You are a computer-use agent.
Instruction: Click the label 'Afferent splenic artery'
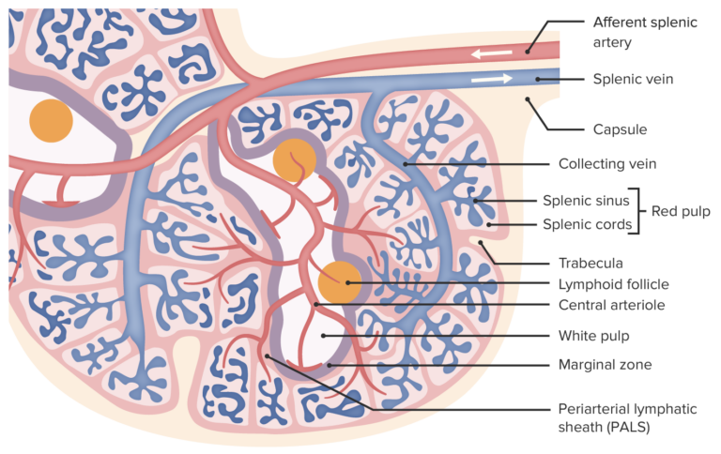pyautogui.click(x=645, y=30)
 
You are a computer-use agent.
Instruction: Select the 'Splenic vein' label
pyautogui.click(x=633, y=80)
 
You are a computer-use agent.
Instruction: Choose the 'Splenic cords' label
pyautogui.click(x=587, y=224)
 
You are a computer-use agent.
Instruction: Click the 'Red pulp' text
pyautogui.click(x=681, y=212)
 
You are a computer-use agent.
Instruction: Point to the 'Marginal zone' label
pyautogui.click(x=606, y=364)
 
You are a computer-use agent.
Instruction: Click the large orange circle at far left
pyautogui.click(x=50, y=120)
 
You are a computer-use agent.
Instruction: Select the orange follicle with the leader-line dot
pyautogui.click(x=338, y=282)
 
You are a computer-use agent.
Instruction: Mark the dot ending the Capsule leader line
pyautogui.click(x=528, y=96)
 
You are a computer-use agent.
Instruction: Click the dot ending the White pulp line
pyautogui.click(x=324, y=335)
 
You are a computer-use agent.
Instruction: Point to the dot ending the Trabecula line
pyautogui.click(x=480, y=243)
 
